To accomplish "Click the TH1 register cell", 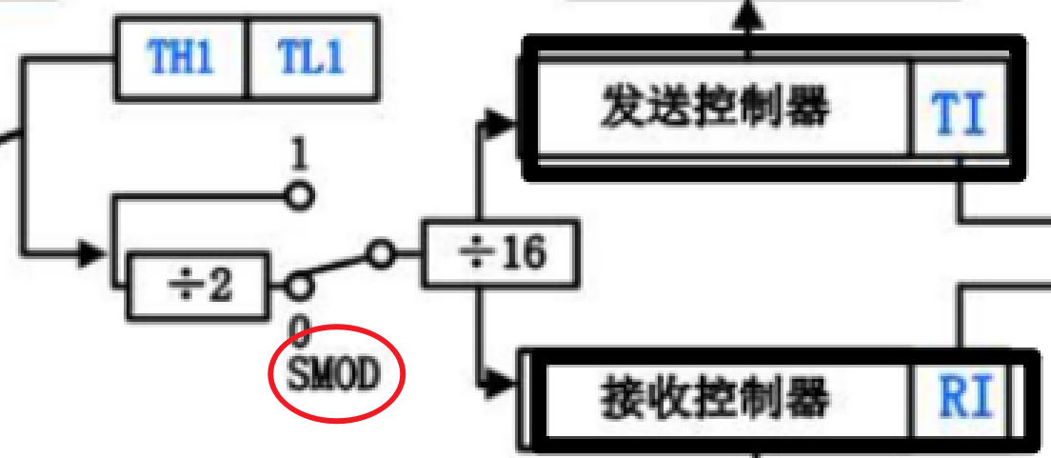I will click(181, 59).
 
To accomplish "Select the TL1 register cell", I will click(311, 59).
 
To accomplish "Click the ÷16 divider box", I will click(500, 254).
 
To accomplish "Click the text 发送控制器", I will click(714, 109).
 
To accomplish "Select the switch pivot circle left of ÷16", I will click(381, 254).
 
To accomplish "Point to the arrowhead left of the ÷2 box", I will click(92, 254).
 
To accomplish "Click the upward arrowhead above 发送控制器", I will click(748, 11).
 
